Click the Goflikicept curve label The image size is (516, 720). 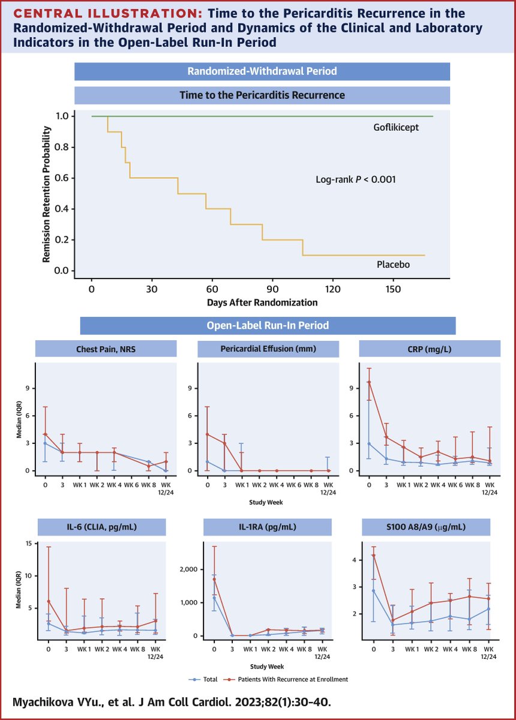pos(395,128)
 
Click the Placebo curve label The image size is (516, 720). pos(394,265)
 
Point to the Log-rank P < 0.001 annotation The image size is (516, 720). pos(355,179)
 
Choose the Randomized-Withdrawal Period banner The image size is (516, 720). pos(262,71)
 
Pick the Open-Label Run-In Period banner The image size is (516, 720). pos(268,325)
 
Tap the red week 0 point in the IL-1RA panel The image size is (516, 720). pos(214,580)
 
